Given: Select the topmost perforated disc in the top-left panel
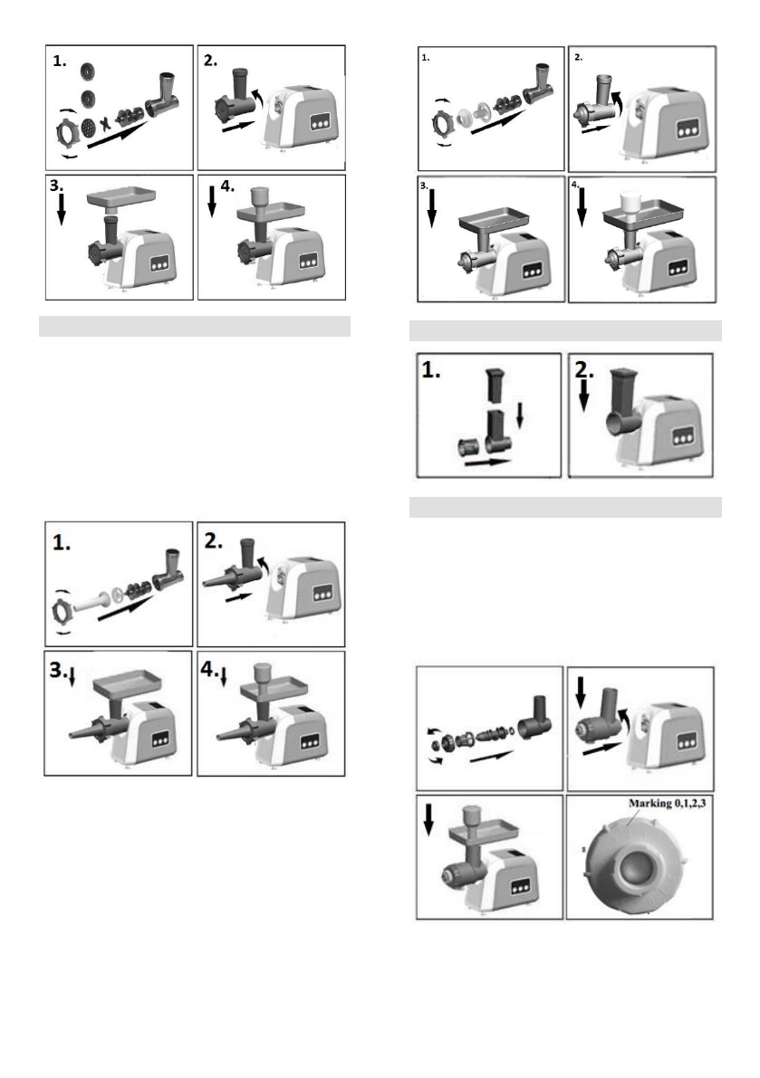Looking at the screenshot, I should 87,69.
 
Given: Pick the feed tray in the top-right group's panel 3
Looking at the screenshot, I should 492,220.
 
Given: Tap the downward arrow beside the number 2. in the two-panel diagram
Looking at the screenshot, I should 584,398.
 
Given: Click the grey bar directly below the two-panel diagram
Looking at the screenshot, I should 567,506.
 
